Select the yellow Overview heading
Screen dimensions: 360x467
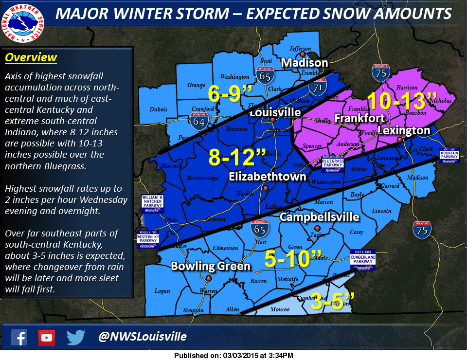point(31,57)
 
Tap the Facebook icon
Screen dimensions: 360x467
point(19,337)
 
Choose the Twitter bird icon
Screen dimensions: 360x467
point(76,337)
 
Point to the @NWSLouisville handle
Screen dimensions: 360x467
point(142,337)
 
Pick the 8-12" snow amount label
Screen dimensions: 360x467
point(237,157)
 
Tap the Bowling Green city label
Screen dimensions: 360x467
point(211,266)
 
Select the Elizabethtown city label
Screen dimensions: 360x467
point(268,176)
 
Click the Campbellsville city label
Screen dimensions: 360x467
point(320,217)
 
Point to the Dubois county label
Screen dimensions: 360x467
point(158,109)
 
